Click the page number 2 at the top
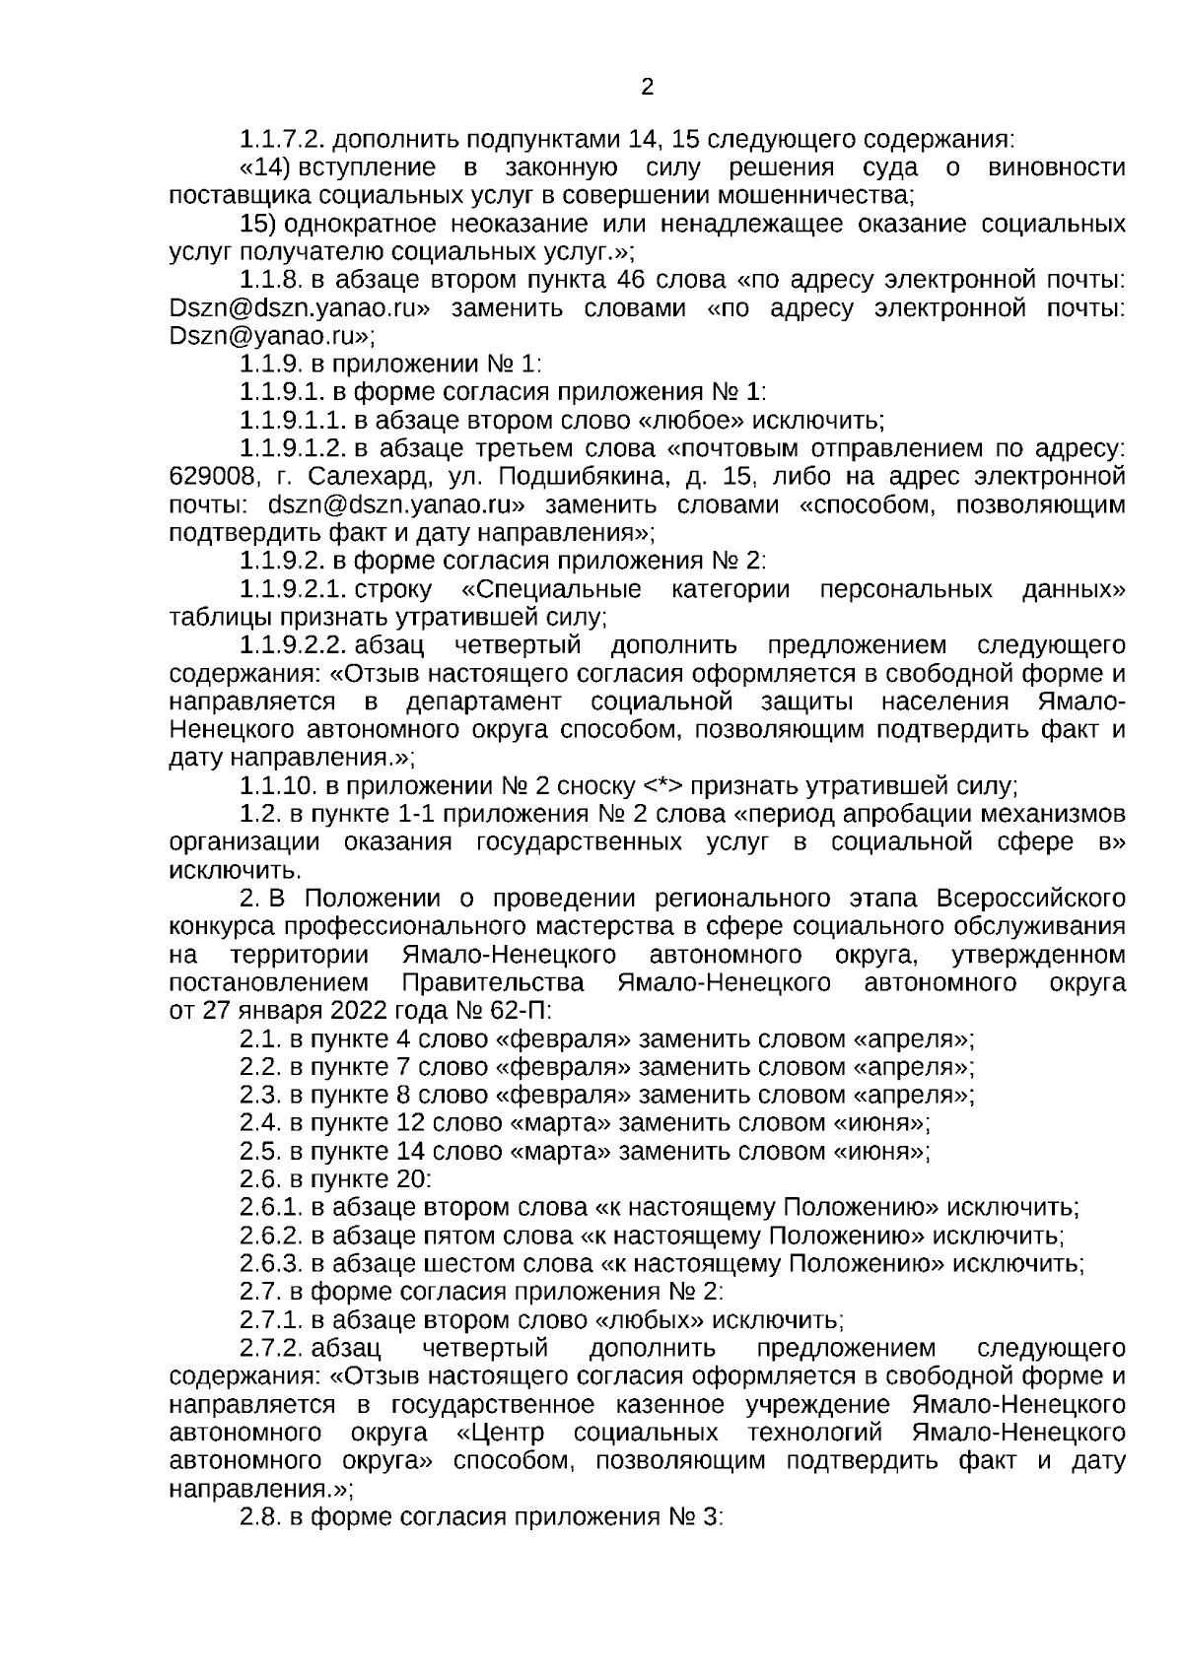pos(647,88)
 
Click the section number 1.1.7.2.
pos(284,139)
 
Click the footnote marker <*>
pos(662,787)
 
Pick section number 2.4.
pos(260,1123)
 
